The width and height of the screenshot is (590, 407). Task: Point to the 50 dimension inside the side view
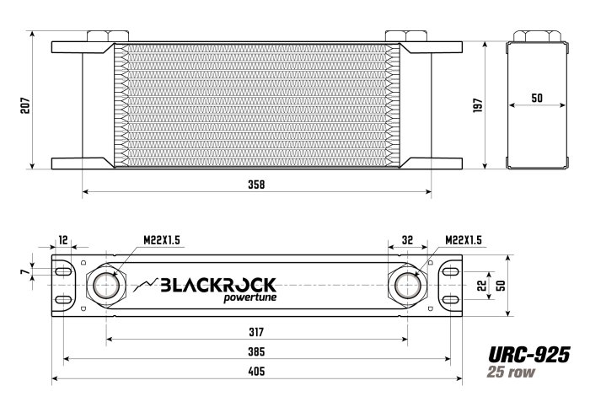point(537,98)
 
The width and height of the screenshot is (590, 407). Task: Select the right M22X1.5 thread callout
point(463,240)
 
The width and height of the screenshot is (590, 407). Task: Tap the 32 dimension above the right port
point(406,240)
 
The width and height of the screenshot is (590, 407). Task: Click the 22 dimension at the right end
point(481,285)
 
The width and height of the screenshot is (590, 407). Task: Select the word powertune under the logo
point(250,297)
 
